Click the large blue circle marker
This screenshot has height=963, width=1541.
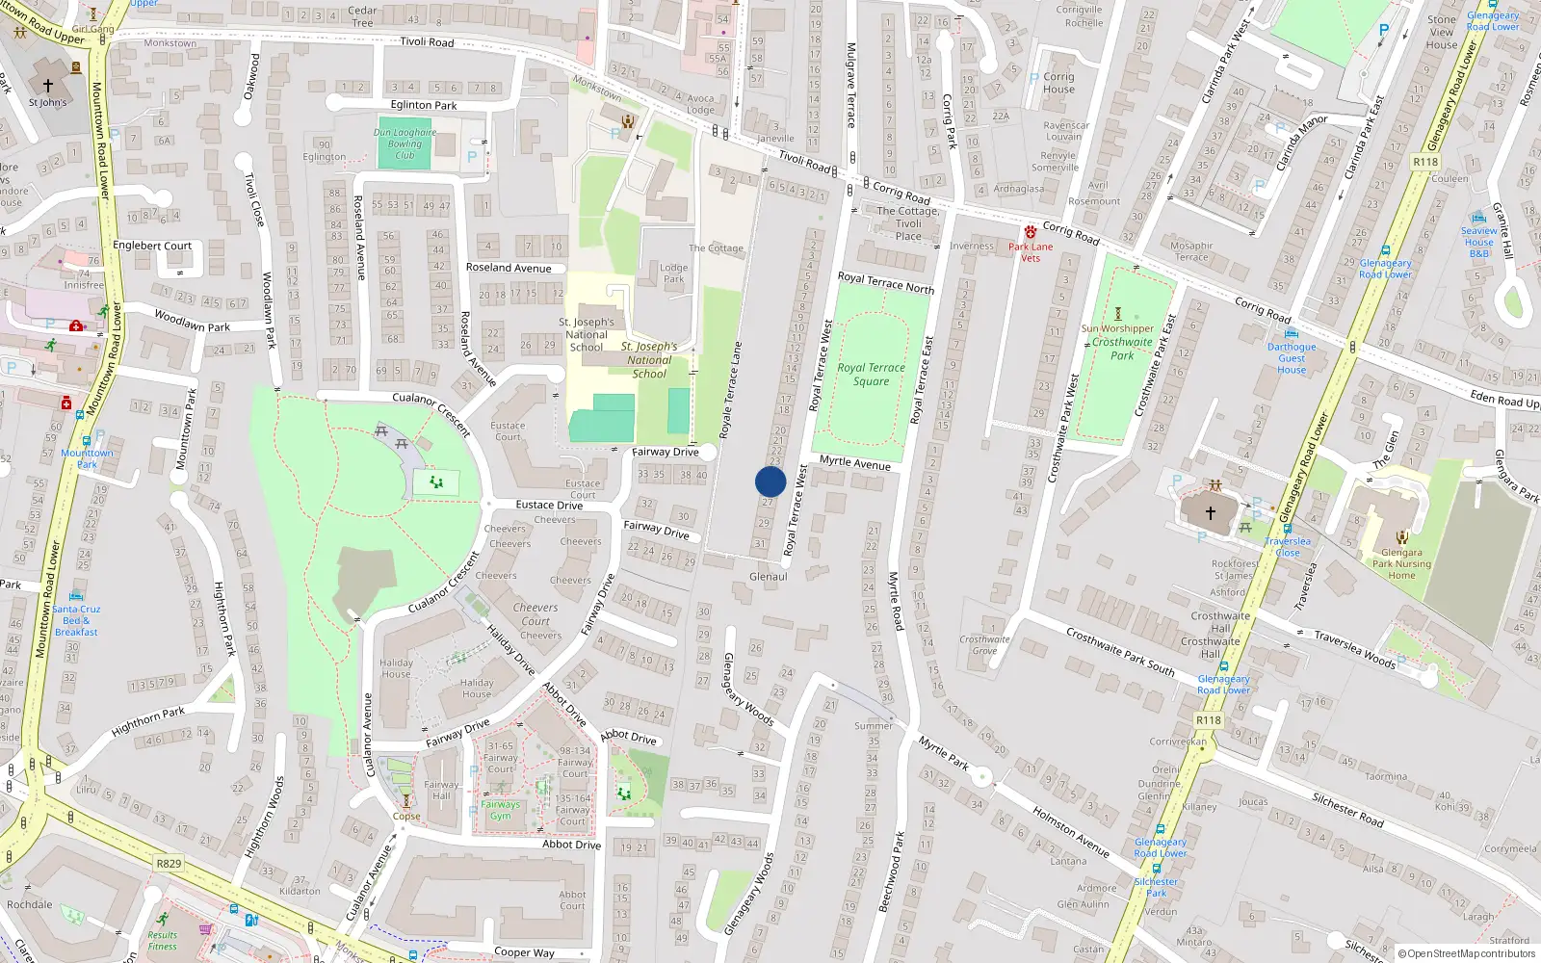pyautogui.click(x=770, y=481)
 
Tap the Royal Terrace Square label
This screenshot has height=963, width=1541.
pyautogui.click(x=871, y=375)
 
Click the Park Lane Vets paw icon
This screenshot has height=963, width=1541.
pyautogui.click(x=1031, y=232)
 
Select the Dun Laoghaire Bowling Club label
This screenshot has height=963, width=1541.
pyautogui.click(x=405, y=143)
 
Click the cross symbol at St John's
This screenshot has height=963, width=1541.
pyautogui.click(x=48, y=85)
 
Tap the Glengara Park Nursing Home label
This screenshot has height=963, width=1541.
pyautogui.click(x=1401, y=563)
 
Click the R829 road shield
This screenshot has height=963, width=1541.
pyautogui.click(x=169, y=864)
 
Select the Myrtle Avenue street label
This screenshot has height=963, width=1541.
pyautogui.click(x=855, y=463)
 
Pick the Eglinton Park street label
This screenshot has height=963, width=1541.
pyautogui.click(x=424, y=105)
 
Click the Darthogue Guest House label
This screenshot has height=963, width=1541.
pyautogui.click(x=1292, y=358)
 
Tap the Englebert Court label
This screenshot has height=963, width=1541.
pyautogui.click(x=152, y=246)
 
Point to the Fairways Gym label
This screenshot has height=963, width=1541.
pyautogui.click(x=500, y=810)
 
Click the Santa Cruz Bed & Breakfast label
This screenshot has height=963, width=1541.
pyautogui.click(x=76, y=620)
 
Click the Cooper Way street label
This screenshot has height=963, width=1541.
pyautogui.click(x=524, y=952)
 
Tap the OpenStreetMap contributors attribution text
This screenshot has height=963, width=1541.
pyautogui.click(x=1466, y=954)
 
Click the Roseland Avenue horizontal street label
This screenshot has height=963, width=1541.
pyautogui.click(x=509, y=268)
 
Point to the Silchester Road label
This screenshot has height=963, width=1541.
pyautogui.click(x=1347, y=810)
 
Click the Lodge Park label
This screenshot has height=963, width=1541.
pyautogui.click(x=673, y=273)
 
